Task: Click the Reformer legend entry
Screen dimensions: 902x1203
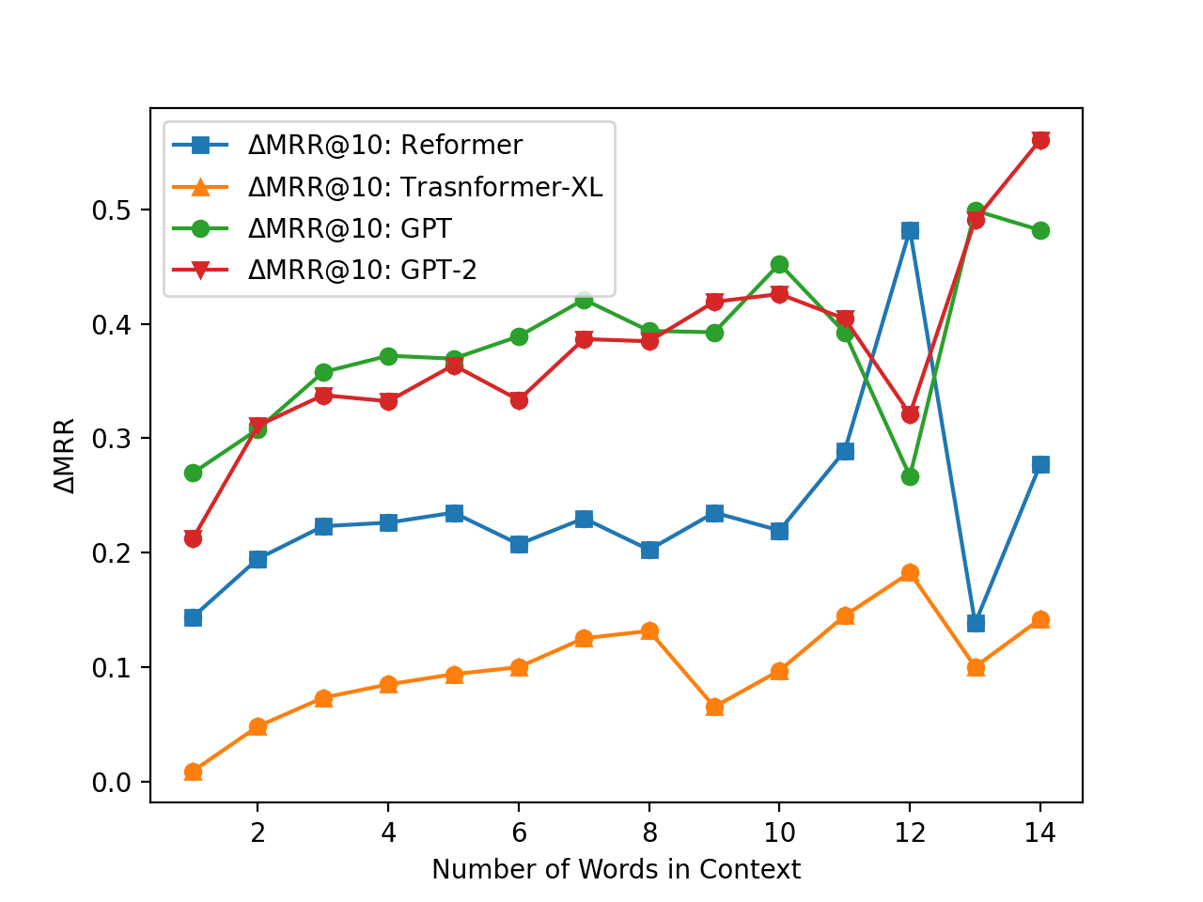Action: click(384, 146)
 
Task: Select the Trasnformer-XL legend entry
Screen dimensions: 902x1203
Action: click(425, 187)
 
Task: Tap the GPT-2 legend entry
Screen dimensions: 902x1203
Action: click(362, 271)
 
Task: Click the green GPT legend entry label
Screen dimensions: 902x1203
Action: click(350, 229)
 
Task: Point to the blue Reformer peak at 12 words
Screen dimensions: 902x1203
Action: click(910, 230)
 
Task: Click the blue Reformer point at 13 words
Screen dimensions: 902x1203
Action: click(976, 623)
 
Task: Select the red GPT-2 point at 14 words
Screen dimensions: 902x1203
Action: click(1040, 140)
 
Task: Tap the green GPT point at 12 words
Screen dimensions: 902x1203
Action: click(910, 476)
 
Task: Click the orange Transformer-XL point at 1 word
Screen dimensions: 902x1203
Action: click(193, 771)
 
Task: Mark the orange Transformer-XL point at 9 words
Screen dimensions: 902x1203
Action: click(714, 707)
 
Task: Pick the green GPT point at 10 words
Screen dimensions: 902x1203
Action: click(779, 265)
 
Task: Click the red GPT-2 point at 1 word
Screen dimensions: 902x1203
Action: click(193, 538)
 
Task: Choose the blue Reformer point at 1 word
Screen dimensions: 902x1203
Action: click(193, 617)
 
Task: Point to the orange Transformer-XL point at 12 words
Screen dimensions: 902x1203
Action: click(910, 573)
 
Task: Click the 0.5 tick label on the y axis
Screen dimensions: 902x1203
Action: click(111, 210)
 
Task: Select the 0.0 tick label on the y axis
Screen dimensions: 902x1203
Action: click(111, 783)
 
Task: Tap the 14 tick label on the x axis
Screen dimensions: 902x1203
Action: click(1040, 832)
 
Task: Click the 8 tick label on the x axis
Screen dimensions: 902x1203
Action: click(649, 832)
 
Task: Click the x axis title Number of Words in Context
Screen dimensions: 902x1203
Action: click(617, 870)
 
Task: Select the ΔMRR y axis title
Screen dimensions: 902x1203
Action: click(65, 456)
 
